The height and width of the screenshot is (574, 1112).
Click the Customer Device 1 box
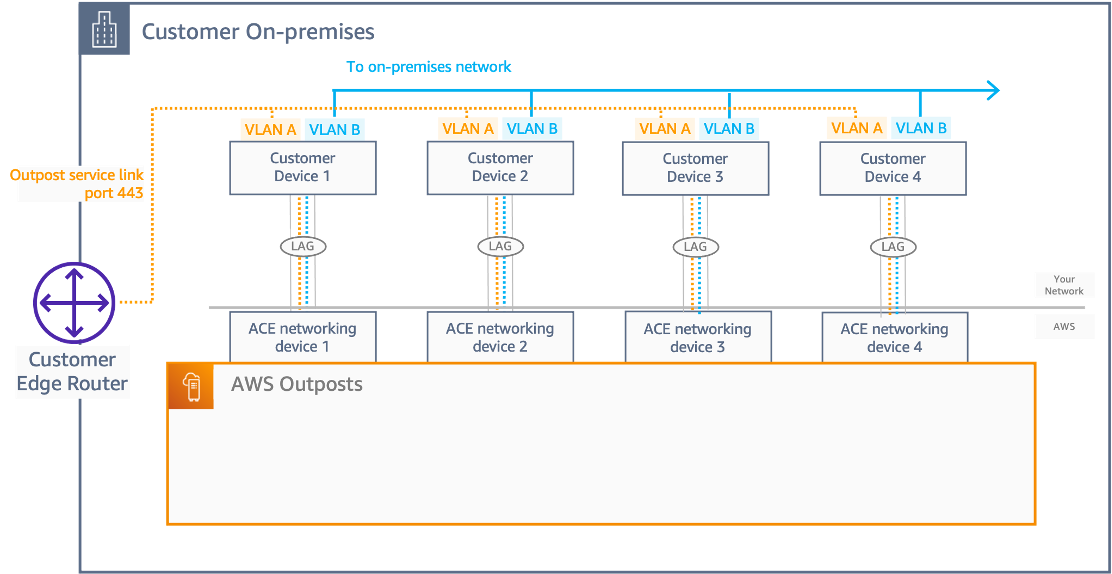(303, 168)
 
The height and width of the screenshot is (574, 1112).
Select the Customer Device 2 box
(500, 168)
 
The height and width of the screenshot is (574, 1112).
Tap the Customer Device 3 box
(695, 168)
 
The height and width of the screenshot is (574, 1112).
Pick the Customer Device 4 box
(893, 168)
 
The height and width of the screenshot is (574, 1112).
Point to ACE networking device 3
(698, 338)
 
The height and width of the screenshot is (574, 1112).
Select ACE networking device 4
(894, 338)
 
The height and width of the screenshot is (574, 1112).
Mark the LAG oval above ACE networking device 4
(893, 247)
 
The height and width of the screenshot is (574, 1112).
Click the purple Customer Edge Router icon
(74, 302)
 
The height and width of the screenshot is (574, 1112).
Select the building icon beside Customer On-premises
(105, 29)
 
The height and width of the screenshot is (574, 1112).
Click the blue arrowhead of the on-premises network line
(994, 90)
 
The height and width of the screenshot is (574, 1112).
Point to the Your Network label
(1064, 285)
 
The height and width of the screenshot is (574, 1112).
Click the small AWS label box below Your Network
(1064, 327)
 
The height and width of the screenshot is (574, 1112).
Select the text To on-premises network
(429, 67)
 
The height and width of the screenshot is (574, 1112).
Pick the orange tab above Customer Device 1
(270, 129)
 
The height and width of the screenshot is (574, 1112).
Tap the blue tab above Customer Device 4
(921, 128)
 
